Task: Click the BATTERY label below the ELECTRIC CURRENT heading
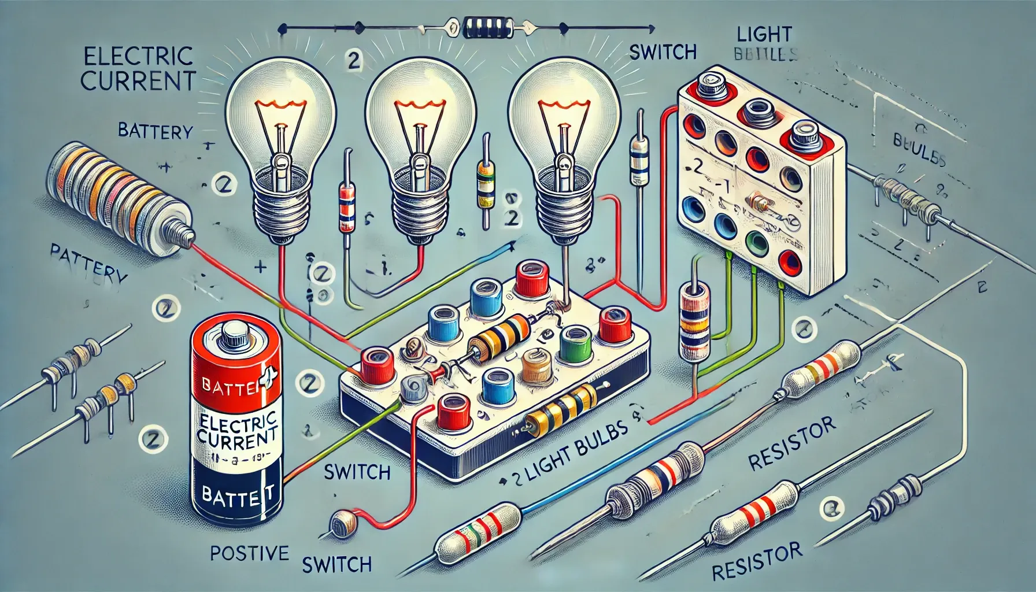point(154,132)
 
